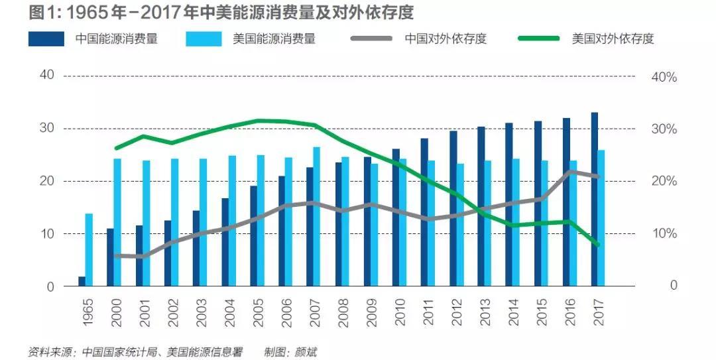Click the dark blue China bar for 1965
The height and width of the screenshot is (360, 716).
click(82, 281)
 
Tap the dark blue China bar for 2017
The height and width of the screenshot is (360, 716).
click(595, 199)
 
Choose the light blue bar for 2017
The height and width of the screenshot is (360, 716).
click(602, 218)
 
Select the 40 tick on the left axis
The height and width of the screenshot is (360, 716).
click(46, 75)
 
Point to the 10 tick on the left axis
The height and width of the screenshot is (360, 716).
click(46, 233)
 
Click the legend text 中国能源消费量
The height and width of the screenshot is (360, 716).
click(117, 38)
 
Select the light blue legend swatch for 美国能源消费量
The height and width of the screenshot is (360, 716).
click(206, 38)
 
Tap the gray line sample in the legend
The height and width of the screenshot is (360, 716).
click(372, 38)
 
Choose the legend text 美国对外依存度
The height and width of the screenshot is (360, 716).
click(613, 38)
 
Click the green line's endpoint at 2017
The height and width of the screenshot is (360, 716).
click(599, 245)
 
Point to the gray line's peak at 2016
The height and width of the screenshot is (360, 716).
click(569, 172)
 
